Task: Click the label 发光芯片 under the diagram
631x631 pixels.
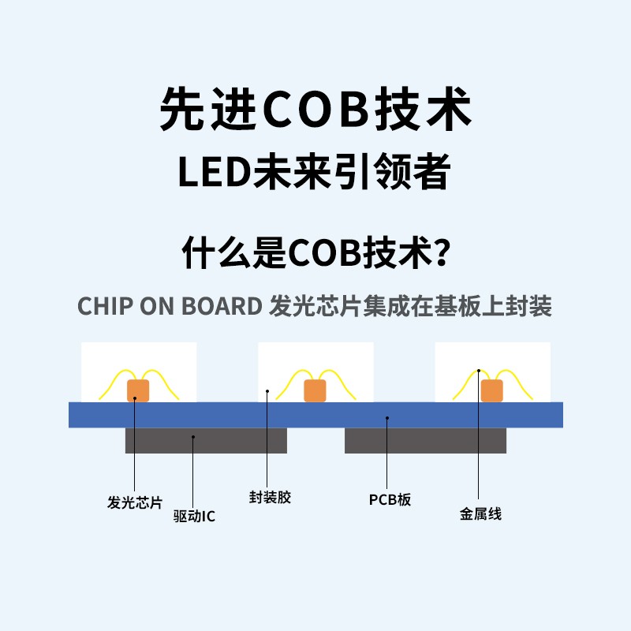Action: [134, 502]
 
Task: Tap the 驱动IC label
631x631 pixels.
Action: [194, 517]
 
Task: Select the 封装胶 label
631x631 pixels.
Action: [270, 498]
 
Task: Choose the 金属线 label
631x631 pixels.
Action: [480, 514]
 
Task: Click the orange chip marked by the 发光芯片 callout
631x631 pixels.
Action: [139, 390]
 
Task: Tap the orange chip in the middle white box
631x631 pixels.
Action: [315, 390]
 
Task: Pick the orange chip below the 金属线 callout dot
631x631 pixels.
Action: [492, 390]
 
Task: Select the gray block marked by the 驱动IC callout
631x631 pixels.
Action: [206, 440]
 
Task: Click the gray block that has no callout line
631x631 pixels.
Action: [425, 440]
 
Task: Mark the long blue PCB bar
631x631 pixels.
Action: [315, 415]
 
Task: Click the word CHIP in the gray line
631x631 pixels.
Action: [106, 306]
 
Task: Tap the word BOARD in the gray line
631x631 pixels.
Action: [223, 306]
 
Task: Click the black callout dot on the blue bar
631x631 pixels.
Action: [387, 419]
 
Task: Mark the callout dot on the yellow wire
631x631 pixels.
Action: [479, 369]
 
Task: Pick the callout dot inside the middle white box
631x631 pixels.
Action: [268, 390]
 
